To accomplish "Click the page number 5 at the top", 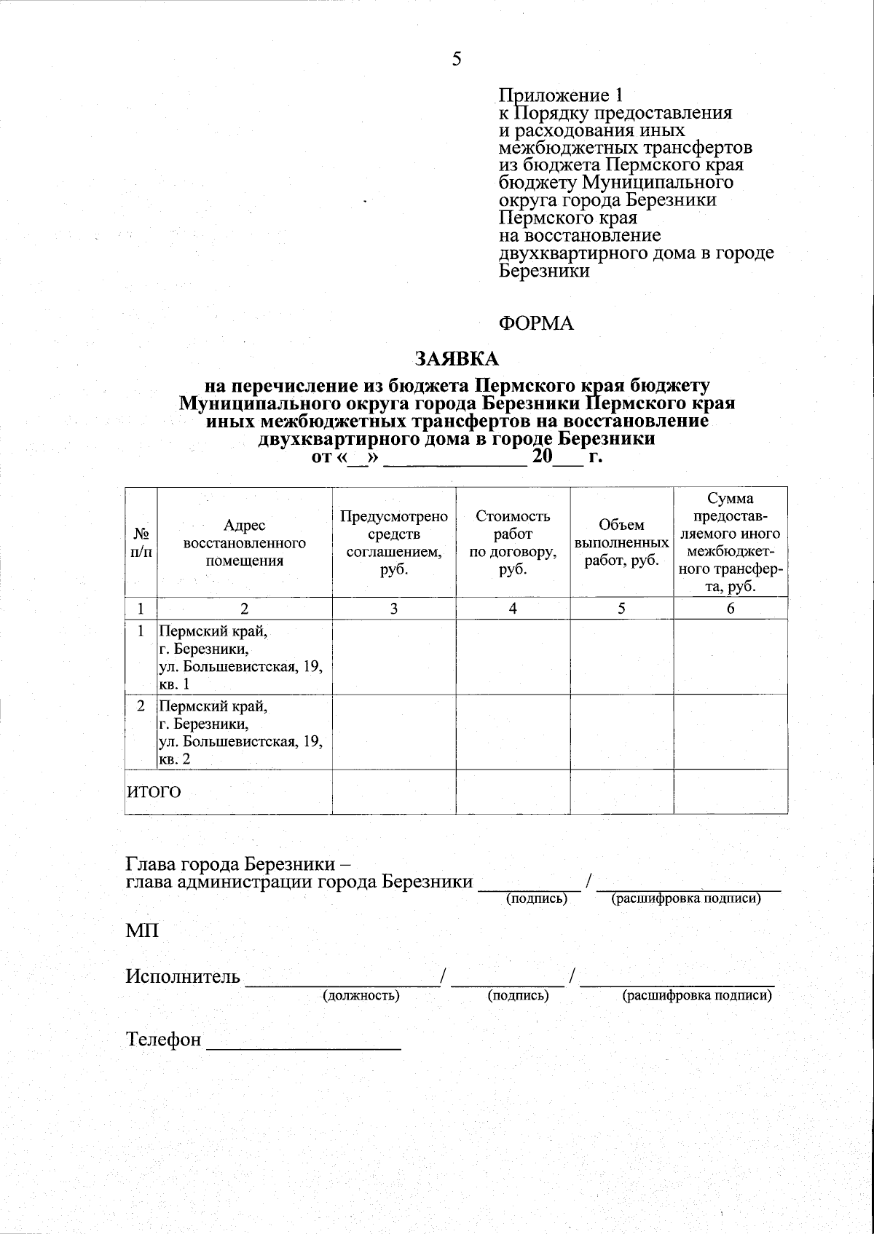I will click(457, 60).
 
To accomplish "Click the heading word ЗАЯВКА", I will click(457, 359).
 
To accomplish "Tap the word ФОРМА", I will click(536, 324).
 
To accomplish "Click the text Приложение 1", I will click(561, 95).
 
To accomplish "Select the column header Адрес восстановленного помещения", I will click(244, 543).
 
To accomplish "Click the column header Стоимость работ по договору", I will click(513, 543).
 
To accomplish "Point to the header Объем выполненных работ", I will click(621, 543).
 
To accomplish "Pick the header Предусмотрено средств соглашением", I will click(393, 543).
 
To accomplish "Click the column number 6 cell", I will click(730, 609).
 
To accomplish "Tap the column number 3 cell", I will click(393, 609).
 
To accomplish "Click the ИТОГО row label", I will click(154, 792).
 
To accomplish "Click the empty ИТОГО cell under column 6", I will click(730, 792).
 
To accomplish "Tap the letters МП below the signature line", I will click(142, 931).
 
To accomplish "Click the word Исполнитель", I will click(183, 977).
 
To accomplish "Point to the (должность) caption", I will click(361, 995).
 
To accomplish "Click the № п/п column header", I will click(141, 543).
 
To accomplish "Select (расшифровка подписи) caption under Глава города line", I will click(687, 899).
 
